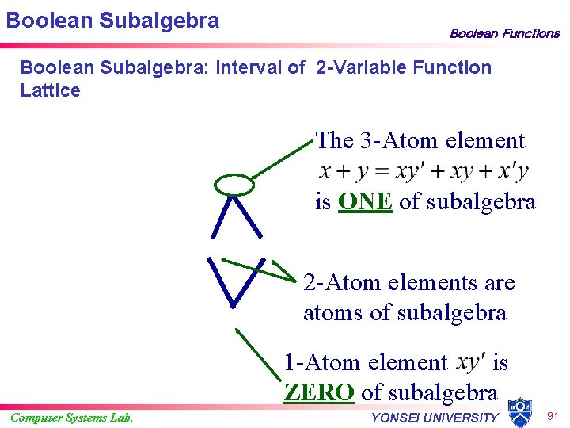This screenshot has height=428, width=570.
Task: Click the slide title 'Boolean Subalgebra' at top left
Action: tap(112, 20)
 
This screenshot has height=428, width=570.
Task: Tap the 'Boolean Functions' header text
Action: tap(504, 33)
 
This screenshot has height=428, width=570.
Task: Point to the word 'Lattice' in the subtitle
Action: tap(50, 90)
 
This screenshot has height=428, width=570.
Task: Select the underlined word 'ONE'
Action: tap(365, 201)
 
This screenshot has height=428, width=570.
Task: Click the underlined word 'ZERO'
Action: tap(318, 392)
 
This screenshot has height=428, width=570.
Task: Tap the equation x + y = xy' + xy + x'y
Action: tap(424, 170)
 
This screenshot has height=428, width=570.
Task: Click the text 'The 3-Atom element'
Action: tap(420, 141)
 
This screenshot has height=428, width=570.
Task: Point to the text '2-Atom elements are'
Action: tap(408, 283)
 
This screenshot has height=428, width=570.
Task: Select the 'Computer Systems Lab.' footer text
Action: tap(71, 418)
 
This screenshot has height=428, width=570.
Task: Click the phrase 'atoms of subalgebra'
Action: tap(405, 313)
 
